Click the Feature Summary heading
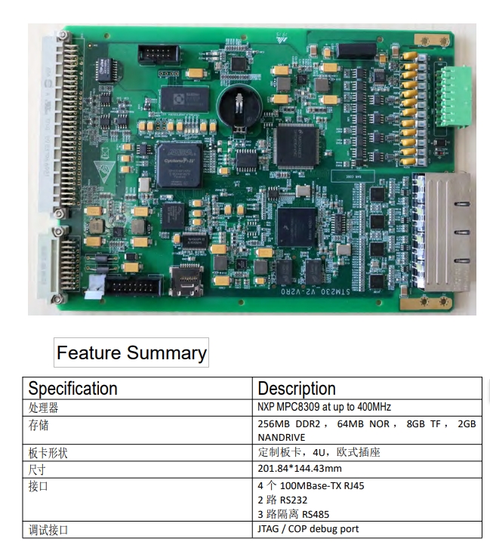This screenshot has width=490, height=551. click(131, 352)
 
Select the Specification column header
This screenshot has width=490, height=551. click(73, 389)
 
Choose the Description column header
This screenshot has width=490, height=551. click(297, 389)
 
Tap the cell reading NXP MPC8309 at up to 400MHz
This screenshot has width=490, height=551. click(325, 407)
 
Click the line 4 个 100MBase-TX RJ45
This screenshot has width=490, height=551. click(311, 485)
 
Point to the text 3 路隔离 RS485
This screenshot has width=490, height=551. click(293, 514)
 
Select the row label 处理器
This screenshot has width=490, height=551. click(44, 408)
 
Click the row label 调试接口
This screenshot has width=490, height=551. click(48, 530)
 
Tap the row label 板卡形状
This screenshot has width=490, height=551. click(48, 454)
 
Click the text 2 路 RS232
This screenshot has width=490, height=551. click(282, 500)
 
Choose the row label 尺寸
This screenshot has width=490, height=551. click(39, 469)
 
